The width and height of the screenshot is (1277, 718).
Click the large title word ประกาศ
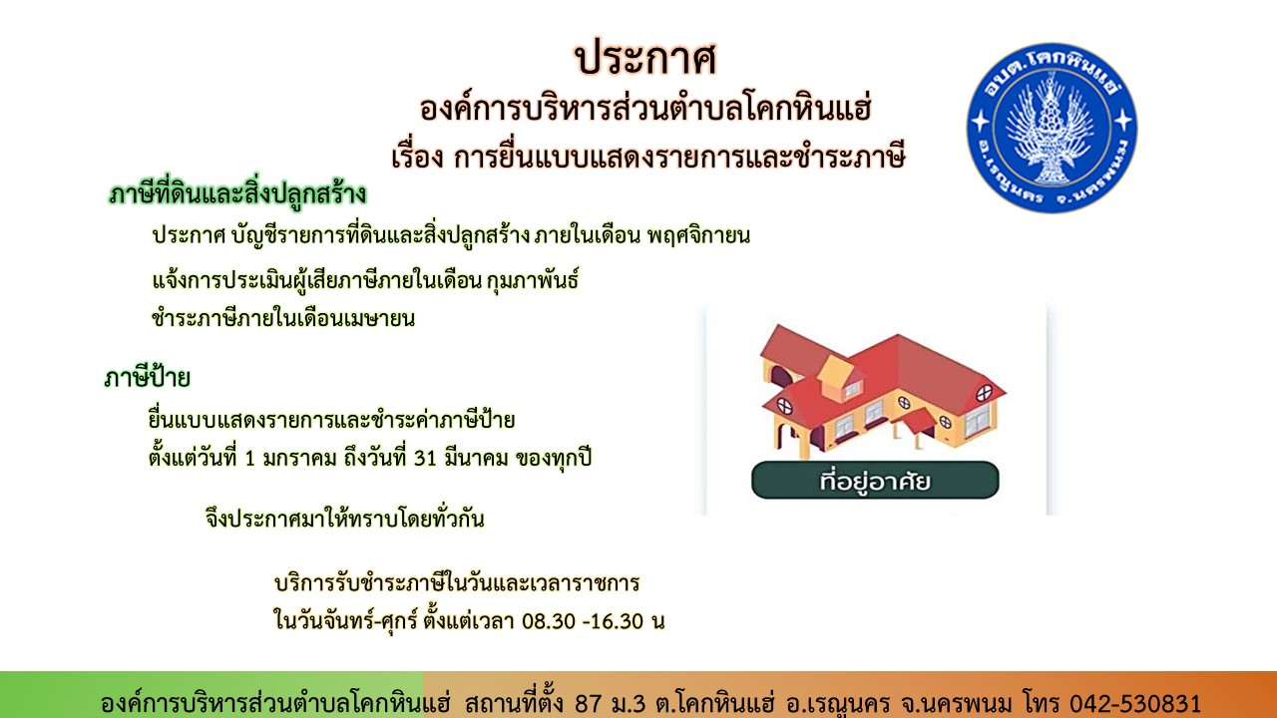[645, 59]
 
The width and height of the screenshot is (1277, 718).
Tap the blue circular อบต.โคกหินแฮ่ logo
[1052, 128]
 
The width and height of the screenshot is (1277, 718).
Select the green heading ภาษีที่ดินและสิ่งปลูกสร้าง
[237, 194]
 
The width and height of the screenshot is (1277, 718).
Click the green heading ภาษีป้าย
[147, 377]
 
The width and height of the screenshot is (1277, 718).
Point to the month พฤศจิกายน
[698, 235]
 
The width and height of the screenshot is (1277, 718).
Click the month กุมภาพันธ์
[533, 280]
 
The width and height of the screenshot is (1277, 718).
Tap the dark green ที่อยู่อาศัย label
[875, 481]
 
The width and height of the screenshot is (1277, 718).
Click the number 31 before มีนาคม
[425, 458]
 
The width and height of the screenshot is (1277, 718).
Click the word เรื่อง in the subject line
[417, 157]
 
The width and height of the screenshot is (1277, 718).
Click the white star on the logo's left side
[981, 121]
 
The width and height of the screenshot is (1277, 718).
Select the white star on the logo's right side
[1123, 120]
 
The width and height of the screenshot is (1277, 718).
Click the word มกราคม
[299, 458]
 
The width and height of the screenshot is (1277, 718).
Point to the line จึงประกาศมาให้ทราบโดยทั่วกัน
[344, 519]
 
